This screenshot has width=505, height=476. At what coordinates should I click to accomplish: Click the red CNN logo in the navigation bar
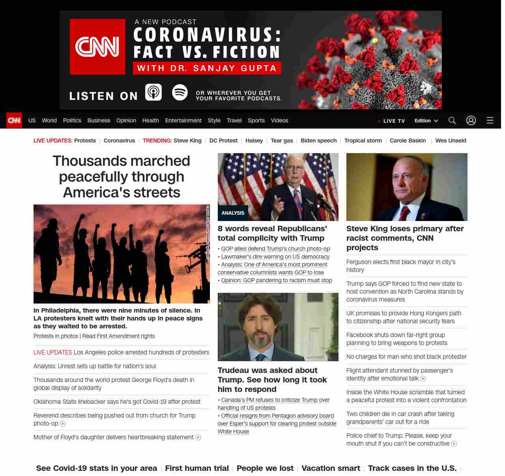[x=14, y=120]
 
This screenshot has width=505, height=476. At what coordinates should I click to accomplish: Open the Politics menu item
[x=72, y=120]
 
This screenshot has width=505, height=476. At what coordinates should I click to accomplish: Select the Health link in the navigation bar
[x=150, y=120]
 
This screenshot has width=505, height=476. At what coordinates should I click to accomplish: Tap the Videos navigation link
[x=279, y=120]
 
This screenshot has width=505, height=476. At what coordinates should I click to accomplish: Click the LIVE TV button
[x=392, y=121]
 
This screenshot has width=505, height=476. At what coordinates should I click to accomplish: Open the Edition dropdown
[x=426, y=121]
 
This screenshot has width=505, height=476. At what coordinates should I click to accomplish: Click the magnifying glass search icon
[x=452, y=120]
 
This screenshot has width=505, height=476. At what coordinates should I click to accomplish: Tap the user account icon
[x=471, y=120]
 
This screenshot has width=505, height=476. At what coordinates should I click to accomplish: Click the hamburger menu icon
[x=490, y=120]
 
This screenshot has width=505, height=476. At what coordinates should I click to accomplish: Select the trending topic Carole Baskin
[x=408, y=141]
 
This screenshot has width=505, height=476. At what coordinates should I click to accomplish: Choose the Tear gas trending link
[x=282, y=141]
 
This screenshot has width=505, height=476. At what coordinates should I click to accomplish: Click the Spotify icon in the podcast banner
[x=180, y=92]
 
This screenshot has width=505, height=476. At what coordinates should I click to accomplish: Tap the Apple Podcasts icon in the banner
[x=153, y=92]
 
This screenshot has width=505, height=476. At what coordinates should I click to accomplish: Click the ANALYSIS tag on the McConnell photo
[x=233, y=213]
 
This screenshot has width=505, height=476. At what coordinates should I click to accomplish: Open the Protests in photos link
[x=56, y=336]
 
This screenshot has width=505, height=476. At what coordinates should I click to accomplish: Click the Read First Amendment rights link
[x=118, y=336]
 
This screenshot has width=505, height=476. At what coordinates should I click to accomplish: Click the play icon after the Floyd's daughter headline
[x=198, y=437]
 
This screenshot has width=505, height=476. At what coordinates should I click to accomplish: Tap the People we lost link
[x=265, y=468]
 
